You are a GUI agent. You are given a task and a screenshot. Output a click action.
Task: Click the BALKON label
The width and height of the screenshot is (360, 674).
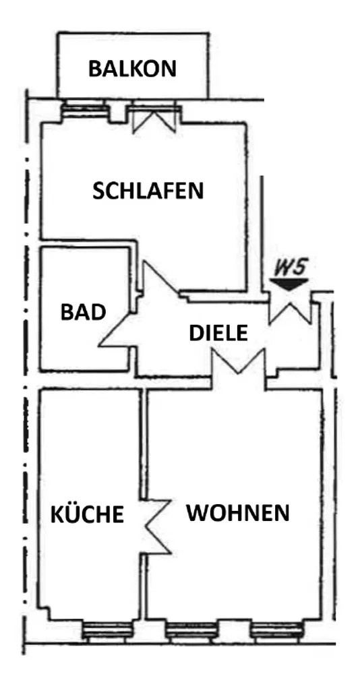(133, 68)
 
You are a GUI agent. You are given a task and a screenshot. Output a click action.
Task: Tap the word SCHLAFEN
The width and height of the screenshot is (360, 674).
(148, 191)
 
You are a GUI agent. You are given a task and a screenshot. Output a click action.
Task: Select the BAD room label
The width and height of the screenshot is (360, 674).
(83, 312)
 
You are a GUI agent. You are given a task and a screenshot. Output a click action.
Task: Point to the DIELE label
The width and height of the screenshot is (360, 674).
(218, 333)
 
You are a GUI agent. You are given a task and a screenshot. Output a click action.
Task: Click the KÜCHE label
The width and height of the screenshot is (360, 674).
(88, 514)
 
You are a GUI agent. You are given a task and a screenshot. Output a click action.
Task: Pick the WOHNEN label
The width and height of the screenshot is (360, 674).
(238, 512)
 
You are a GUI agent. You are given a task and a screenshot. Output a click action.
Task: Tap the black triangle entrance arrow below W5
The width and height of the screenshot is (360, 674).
(289, 284)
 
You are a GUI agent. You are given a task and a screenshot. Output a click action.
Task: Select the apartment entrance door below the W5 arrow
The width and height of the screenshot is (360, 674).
(290, 309)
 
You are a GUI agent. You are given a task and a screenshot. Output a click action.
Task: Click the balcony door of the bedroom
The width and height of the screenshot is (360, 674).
(154, 117)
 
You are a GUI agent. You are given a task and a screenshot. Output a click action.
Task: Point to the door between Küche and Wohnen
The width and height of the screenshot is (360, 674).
(156, 526)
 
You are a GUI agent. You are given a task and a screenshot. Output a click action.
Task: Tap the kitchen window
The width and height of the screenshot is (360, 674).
(106, 631)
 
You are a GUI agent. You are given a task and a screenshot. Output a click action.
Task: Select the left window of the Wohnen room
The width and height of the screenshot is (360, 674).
(191, 631)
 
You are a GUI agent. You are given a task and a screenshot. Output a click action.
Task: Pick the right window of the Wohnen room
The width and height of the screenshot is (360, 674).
(278, 631)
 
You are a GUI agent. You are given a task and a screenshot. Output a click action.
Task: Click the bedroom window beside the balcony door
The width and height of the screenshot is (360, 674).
(84, 110)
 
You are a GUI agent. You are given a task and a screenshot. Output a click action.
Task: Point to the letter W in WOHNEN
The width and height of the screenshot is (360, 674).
(196, 512)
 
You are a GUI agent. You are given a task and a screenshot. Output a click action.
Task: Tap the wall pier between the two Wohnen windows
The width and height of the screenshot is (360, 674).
(234, 632)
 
